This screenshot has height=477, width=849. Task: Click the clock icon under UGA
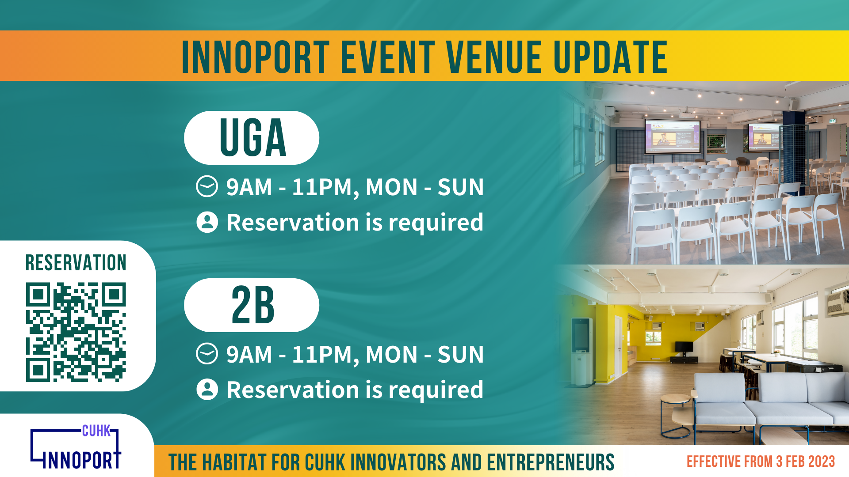(207, 186)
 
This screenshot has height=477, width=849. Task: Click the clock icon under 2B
(207, 354)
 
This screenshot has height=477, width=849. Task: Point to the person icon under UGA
(207, 222)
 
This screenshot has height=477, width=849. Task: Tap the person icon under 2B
(207, 390)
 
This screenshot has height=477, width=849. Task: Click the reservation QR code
(76, 332)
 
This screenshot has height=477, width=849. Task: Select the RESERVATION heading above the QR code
(76, 263)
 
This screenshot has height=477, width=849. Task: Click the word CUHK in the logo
(96, 431)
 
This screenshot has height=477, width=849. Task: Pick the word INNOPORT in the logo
(81, 460)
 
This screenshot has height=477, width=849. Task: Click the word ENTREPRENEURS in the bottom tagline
(551, 462)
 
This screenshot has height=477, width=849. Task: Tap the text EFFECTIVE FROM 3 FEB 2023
(761, 462)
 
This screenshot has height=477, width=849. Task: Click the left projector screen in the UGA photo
(673, 136)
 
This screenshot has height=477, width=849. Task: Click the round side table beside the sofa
(675, 416)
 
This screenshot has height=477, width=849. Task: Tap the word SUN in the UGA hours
(460, 187)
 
